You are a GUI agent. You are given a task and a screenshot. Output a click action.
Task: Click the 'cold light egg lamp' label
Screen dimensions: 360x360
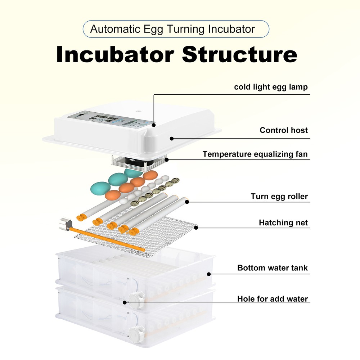pos(271,87)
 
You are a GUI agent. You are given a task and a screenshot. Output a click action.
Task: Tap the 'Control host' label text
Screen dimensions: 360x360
pos(284,130)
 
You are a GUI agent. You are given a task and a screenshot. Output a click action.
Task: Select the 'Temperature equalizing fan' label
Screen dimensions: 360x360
pos(255,154)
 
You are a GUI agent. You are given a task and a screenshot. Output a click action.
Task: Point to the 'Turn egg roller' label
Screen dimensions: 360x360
pos(279,197)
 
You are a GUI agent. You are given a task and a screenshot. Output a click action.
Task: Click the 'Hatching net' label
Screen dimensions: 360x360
pos(283,223)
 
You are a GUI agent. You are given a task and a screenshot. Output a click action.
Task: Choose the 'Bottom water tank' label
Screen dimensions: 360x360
pos(273,268)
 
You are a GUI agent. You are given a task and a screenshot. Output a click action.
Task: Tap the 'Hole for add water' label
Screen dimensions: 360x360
pos(273,299)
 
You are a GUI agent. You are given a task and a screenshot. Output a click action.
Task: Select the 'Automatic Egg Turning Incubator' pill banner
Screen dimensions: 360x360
pos(176,29)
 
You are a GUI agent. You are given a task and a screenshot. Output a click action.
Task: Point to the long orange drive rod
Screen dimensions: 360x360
pos(108,239)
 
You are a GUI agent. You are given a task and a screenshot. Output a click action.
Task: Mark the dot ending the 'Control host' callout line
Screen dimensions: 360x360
pos(172,138)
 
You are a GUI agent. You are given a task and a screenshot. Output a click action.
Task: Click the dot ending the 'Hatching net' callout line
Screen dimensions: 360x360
pos(196,227)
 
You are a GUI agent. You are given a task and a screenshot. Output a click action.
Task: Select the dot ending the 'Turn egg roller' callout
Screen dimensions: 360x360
pos(187,202)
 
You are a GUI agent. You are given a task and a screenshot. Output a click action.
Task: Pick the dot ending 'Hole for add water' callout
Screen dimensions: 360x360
pos(125,302)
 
